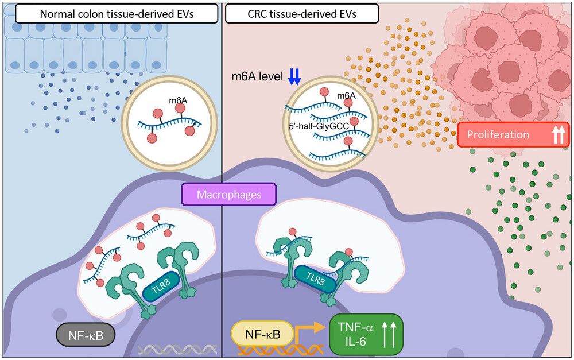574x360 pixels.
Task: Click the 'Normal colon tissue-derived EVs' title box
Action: click(117, 14)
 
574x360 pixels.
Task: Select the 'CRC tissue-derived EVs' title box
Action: click(302, 14)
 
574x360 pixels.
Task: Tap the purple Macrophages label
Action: click(229, 194)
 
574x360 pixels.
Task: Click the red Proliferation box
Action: click(513, 134)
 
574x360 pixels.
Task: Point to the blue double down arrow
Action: click(294, 76)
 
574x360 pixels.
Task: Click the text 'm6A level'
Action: click(257, 76)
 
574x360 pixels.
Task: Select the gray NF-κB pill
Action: click(86, 335)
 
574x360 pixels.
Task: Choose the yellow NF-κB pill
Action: click(262, 334)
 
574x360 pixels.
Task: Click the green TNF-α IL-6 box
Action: click(366, 335)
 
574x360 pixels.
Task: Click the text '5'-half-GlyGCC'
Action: click(319, 126)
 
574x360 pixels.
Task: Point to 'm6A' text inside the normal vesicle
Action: click(178, 100)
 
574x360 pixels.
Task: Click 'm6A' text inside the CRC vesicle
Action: click(346, 95)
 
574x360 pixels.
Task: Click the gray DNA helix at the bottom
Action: click(177, 350)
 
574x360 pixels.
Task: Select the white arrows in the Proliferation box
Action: click(559, 134)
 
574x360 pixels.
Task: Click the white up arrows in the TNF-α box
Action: click(389, 334)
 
